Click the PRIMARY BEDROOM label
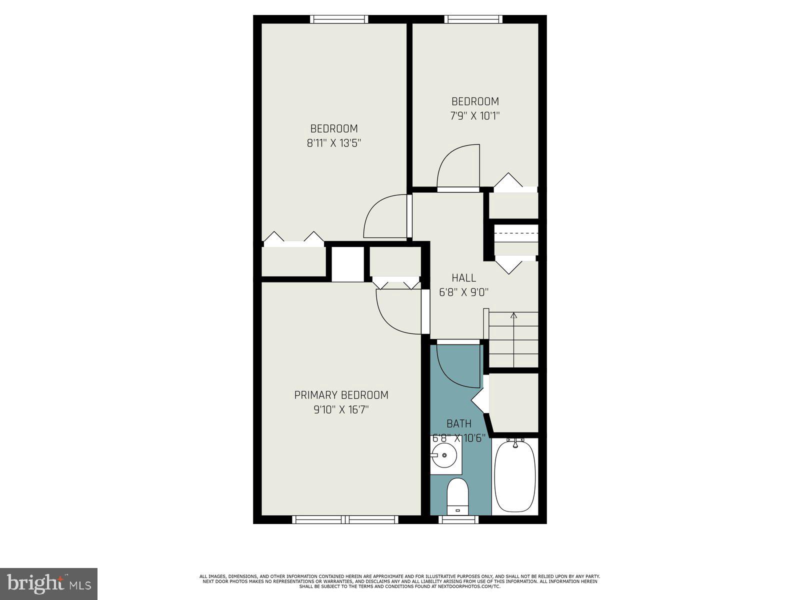tap(341, 395)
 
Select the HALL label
tap(463, 277)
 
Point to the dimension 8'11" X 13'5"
tap(334, 143)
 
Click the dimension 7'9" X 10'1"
tap(475, 116)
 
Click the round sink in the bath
tap(443, 455)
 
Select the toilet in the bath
tap(457, 495)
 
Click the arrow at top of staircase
tap(513, 316)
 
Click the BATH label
tap(458, 424)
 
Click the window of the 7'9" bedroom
tap(473, 19)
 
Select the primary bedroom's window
tap(345, 520)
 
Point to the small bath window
tap(458, 520)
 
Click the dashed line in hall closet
tap(515, 233)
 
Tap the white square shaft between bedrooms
tap(347, 263)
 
